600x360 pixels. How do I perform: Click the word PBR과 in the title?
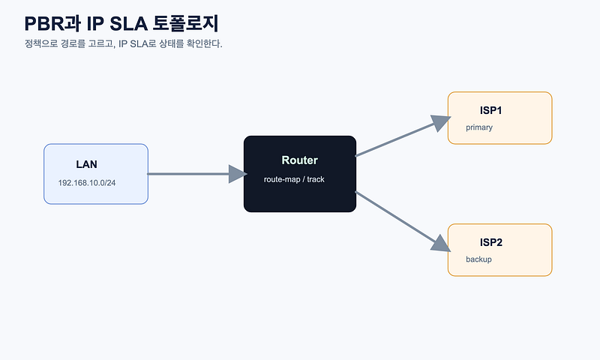click(x=52, y=23)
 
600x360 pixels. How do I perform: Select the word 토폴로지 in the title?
click(x=185, y=23)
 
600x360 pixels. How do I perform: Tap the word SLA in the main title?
click(x=128, y=24)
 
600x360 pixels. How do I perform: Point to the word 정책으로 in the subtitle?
click(x=41, y=43)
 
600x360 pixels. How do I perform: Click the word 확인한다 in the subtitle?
click(x=204, y=43)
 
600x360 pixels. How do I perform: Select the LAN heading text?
click(x=86, y=164)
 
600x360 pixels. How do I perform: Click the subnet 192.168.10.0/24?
click(x=87, y=183)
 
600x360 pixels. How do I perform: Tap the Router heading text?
click(x=299, y=160)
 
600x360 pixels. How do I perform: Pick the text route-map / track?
click(x=294, y=179)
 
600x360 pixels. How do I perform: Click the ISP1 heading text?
click(x=491, y=110)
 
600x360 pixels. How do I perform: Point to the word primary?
click(x=479, y=127)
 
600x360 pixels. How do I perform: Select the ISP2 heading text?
click(x=491, y=242)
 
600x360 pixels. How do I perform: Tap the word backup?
click(x=478, y=259)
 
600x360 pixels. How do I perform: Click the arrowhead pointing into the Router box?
click(x=238, y=174)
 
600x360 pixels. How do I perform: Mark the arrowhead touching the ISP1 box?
click(x=441, y=122)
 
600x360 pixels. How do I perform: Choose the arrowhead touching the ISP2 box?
click(x=441, y=244)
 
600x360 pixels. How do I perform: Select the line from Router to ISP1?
click(x=403, y=136)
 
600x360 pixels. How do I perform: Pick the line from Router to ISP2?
click(x=403, y=222)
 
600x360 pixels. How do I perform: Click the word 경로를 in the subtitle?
click(x=73, y=43)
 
